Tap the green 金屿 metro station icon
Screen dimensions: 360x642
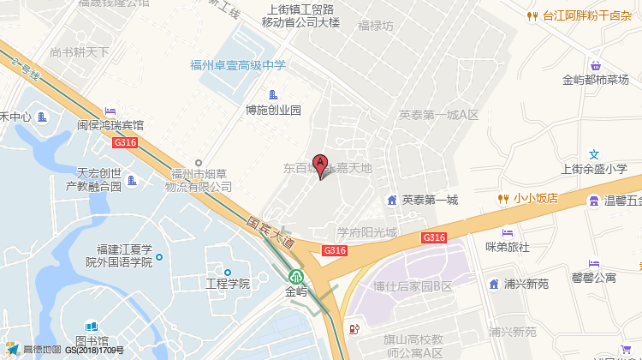[296, 277]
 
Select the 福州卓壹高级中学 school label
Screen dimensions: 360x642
[238, 64]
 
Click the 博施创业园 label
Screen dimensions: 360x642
[273, 110]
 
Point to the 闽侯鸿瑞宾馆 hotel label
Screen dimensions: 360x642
[110, 124]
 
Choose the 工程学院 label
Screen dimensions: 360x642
[227, 283]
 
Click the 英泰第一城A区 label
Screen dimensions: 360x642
[438, 114]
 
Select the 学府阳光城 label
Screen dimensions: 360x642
[366, 232]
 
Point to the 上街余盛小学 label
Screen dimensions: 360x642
[594, 169]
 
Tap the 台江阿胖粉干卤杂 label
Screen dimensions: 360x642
[585, 15]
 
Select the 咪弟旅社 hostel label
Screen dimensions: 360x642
[508, 247]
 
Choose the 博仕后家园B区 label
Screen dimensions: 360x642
[413, 285]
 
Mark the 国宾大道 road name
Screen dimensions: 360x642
[270, 231]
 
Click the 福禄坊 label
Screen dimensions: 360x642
[376, 26]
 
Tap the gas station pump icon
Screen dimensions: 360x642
[354, 328]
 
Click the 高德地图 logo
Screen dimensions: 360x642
[34, 350]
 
